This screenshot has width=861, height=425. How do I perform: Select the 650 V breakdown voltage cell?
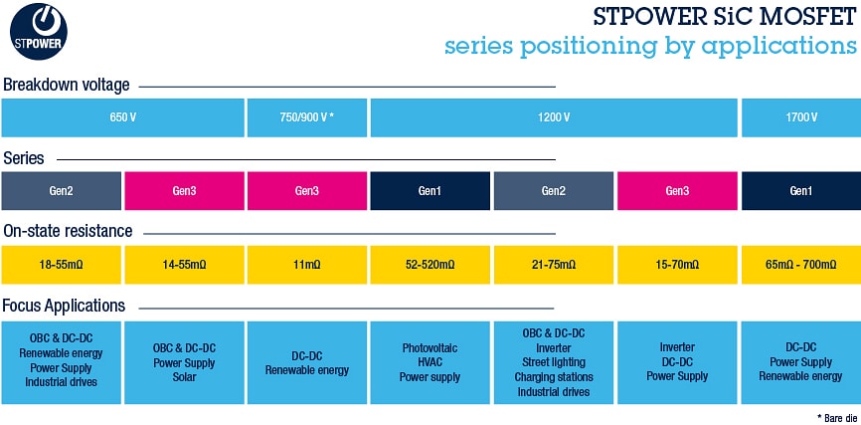pyautogui.click(x=123, y=117)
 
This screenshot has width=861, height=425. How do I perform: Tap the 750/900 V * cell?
pyautogui.click(x=307, y=117)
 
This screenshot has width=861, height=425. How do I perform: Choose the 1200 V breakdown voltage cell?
pyautogui.click(x=554, y=117)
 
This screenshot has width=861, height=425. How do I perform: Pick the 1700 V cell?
pyautogui.click(x=800, y=117)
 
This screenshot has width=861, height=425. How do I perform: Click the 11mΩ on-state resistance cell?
pyautogui.click(x=307, y=265)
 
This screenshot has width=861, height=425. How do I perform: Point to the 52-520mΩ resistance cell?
pyautogui.click(x=430, y=265)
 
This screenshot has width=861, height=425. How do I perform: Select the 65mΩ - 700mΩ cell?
pyautogui.click(x=800, y=265)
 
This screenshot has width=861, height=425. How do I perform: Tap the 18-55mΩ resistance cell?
pyautogui.click(x=62, y=265)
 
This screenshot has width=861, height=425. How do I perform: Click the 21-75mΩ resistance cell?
pyautogui.click(x=554, y=265)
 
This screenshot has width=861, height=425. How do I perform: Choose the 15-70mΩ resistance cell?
pyautogui.click(x=677, y=265)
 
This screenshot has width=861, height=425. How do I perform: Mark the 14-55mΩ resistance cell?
pyautogui.click(x=184, y=265)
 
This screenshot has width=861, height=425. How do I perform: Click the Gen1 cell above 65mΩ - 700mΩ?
pyautogui.click(x=800, y=191)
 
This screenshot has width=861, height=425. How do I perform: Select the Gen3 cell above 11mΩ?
pyautogui.click(x=307, y=191)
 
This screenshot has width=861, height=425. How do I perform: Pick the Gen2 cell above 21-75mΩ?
pyautogui.click(x=554, y=191)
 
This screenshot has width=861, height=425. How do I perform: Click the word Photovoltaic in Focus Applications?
pyautogui.click(x=430, y=347)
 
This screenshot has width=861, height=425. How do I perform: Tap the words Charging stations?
pyautogui.click(x=554, y=377)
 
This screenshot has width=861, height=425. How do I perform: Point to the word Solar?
pyautogui.click(x=184, y=377)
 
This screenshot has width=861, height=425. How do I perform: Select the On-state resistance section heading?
pyautogui.click(x=68, y=231)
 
